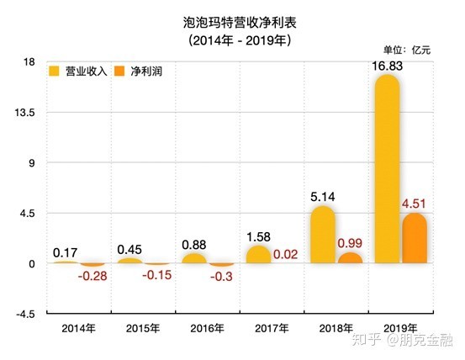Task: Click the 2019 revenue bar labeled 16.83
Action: [x=388, y=168]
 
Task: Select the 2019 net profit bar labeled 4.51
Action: [x=415, y=238]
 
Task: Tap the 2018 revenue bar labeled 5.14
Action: [x=323, y=235]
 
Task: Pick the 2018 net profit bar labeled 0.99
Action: [x=351, y=257]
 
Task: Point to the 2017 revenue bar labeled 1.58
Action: [x=259, y=254]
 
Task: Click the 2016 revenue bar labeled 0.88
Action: [x=194, y=258]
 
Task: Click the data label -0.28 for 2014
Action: [x=92, y=277]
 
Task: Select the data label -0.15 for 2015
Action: [x=157, y=275]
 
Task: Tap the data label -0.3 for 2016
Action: [x=221, y=277]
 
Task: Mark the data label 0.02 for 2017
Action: [x=285, y=254]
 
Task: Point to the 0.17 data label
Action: [x=66, y=253]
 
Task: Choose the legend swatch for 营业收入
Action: [x=55, y=71]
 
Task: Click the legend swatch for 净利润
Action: [x=119, y=71]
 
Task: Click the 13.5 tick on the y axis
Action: [x=25, y=113]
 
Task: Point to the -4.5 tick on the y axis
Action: [x=25, y=314]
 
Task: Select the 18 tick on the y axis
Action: [x=29, y=62]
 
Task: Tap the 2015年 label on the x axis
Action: [x=143, y=329]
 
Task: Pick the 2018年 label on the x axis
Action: [x=336, y=329]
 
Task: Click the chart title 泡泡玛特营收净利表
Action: [x=240, y=23]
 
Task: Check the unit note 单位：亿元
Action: [x=407, y=50]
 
